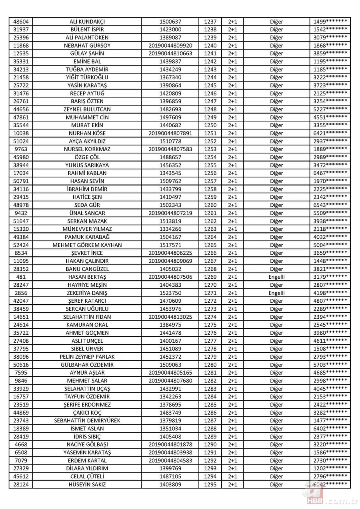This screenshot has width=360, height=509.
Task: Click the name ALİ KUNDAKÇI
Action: (87, 22)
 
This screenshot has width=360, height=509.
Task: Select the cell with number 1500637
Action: (170, 22)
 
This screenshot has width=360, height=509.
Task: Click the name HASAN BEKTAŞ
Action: (87, 277)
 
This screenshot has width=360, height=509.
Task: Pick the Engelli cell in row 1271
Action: (276, 293)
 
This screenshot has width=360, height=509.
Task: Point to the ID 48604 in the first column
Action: (21, 22)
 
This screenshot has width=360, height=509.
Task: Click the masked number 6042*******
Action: (330, 484)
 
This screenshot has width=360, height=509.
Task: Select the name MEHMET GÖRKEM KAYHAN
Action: (87, 245)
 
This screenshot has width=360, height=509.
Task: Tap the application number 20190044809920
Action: (170, 46)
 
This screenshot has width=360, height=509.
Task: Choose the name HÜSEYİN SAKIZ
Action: (87, 484)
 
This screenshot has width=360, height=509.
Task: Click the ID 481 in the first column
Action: (21, 277)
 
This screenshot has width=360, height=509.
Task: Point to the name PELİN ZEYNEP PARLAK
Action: (87, 357)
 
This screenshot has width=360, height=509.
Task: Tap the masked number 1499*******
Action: (330, 22)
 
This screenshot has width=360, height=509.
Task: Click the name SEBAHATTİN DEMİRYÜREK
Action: (87, 420)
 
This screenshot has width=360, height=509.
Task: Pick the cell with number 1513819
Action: (170, 221)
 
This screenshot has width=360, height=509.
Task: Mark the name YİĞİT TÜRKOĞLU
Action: (87, 77)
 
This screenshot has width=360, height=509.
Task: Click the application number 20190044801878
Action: (170, 444)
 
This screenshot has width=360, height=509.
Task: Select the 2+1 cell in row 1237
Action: (232, 22)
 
